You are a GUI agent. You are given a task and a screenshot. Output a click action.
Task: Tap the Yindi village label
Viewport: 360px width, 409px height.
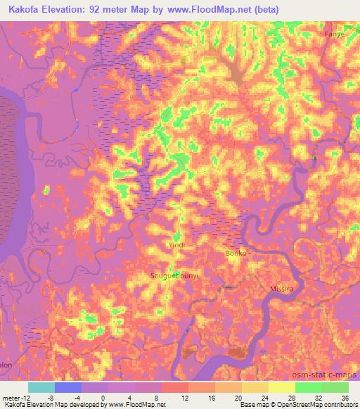point(176,245)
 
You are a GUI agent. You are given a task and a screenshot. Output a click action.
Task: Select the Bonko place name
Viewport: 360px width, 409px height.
point(236,253)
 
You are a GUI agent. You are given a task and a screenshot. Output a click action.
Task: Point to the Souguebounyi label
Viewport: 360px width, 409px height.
point(172,276)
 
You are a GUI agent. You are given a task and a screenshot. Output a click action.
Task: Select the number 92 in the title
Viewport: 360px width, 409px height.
point(101,10)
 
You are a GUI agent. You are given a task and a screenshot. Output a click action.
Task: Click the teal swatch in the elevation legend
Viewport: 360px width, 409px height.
point(41,387)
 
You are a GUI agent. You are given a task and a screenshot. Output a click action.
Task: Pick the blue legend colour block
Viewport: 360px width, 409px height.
point(68,387)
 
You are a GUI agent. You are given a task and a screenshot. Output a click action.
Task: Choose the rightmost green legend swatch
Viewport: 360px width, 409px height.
point(335,387)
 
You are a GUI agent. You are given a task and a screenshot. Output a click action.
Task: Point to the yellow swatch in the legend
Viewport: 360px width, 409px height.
point(282,387)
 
